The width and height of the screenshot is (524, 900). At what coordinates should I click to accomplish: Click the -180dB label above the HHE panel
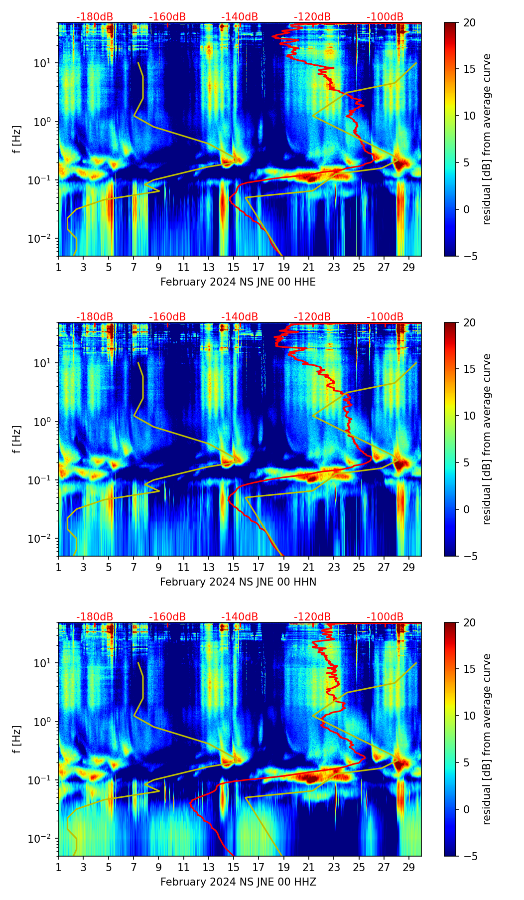tap(95, 17)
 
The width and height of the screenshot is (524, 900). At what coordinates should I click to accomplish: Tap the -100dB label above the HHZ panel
tap(385, 617)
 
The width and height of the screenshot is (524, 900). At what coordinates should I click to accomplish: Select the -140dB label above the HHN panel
tap(240, 317)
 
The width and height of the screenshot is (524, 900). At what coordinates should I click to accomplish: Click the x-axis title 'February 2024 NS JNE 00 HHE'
tap(238, 282)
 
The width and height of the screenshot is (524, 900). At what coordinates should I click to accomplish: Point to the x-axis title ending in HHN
tap(238, 582)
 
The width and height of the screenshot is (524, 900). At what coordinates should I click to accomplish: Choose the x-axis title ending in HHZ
tap(238, 882)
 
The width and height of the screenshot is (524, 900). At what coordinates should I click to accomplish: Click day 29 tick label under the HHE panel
tap(409, 267)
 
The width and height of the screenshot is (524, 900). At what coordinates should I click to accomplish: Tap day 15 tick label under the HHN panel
tap(234, 567)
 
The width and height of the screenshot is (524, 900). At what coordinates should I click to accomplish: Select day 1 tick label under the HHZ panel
tap(58, 867)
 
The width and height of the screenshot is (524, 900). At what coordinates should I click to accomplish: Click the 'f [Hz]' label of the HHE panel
tap(17, 139)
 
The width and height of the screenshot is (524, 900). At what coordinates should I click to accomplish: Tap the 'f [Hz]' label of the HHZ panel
tap(17, 739)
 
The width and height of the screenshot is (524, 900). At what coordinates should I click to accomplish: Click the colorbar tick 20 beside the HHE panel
tap(469, 23)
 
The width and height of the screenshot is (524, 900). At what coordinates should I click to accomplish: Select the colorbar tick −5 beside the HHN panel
tap(469, 556)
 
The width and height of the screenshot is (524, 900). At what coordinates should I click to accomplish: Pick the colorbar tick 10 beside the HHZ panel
tap(469, 716)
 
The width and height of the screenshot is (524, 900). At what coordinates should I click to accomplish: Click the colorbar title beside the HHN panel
tap(487, 439)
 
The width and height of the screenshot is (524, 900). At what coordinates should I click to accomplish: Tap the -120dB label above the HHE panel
tap(312, 17)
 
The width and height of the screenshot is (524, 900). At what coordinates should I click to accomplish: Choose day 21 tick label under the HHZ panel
tap(309, 867)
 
